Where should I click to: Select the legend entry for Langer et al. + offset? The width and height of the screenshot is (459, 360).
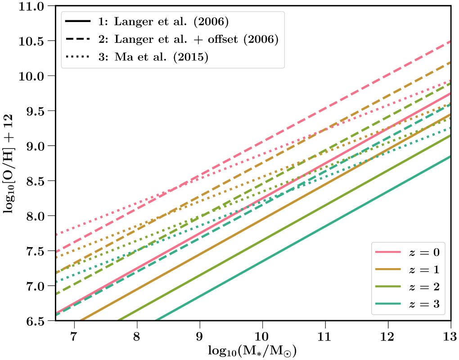pyautogui.click(x=187, y=40)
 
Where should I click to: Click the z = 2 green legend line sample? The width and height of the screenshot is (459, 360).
pyautogui.click(x=387, y=287)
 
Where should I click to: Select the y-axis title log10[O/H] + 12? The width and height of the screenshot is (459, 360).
pyautogui.click(x=9, y=164)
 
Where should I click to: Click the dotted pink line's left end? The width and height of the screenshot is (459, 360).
pyautogui.click(x=56, y=234)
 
